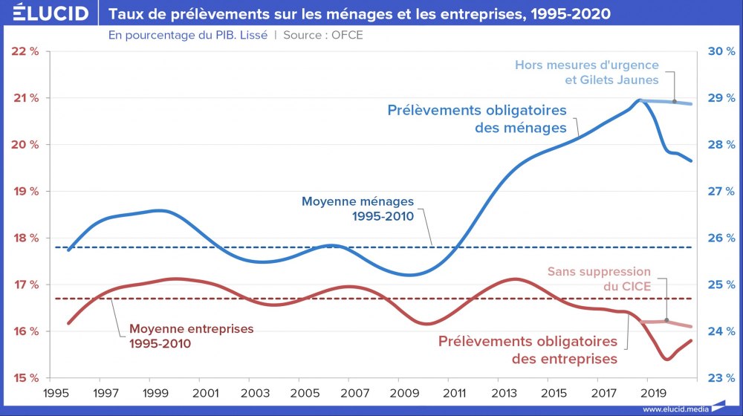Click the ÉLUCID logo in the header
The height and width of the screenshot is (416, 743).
45,13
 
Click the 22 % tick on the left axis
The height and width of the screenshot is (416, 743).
26,51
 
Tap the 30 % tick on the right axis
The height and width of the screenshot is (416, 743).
719,51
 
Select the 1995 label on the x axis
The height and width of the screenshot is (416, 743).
53,391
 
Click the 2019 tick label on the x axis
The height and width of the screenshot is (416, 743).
651,391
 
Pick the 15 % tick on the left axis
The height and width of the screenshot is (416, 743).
26,378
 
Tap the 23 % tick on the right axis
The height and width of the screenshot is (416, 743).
719,378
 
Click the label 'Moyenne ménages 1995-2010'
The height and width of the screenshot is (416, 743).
357,209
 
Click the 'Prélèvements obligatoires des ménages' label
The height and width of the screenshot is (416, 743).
477,119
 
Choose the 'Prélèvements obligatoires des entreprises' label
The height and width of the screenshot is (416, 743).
528,351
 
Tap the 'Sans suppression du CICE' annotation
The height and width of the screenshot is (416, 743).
599,279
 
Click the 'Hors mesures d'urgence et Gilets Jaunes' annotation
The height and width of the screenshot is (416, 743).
587,72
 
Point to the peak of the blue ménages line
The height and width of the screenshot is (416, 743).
639,100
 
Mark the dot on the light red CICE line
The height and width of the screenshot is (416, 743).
666,321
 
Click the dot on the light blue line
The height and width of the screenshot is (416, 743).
674,101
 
